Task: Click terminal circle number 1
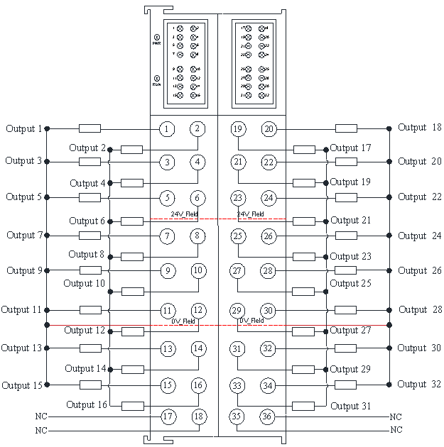(166, 128)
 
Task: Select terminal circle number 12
(198, 310)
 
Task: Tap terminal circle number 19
(238, 128)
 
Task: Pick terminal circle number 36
(267, 416)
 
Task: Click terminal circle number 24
(268, 197)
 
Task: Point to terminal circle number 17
(168, 416)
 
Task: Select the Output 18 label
(420, 128)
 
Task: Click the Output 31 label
(351, 406)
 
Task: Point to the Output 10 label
(84, 283)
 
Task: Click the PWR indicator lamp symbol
(157, 36)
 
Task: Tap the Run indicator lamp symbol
(156, 77)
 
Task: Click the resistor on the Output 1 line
(90, 128)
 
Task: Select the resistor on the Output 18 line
(346, 128)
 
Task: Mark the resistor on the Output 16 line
(132, 406)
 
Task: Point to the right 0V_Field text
(252, 321)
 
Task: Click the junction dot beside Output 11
(47, 310)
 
